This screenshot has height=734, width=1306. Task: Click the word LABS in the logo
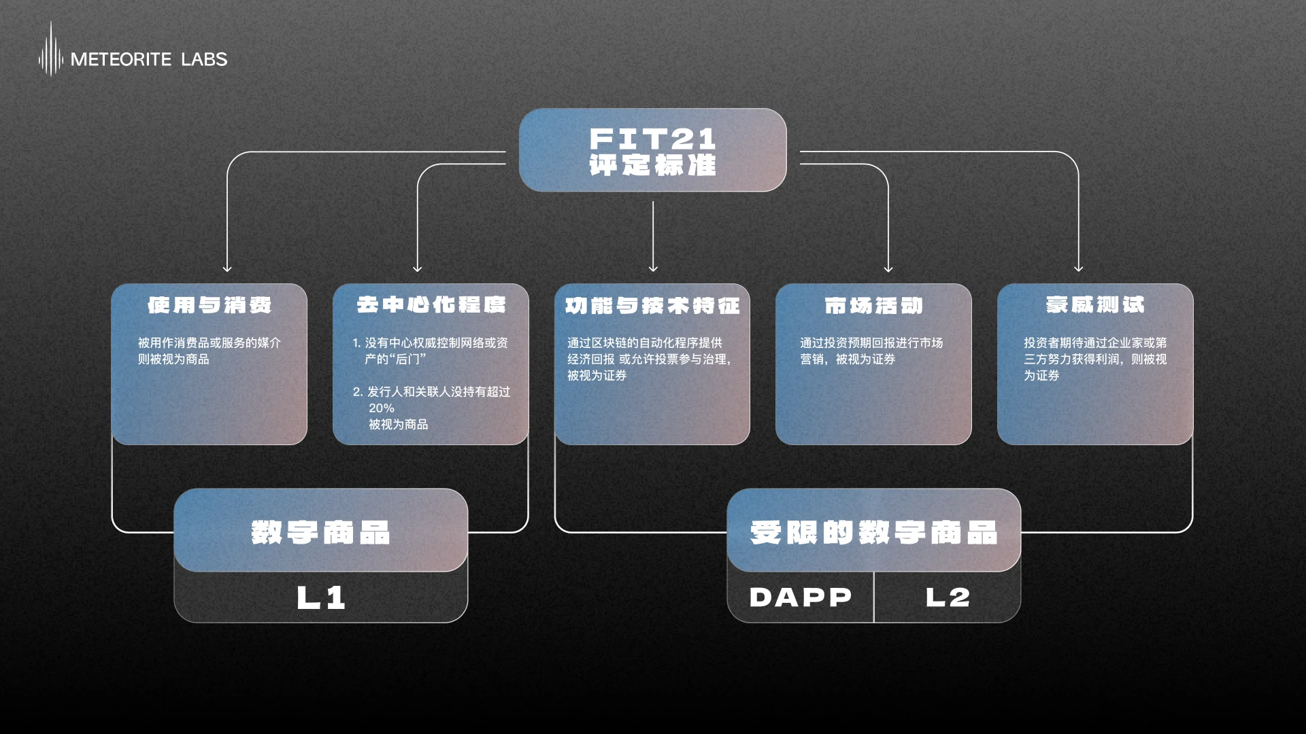click(x=204, y=60)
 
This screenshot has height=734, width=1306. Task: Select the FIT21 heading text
click(x=652, y=139)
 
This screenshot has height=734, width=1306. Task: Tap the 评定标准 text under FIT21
click(x=652, y=165)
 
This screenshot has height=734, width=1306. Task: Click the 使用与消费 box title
click(x=210, y=305)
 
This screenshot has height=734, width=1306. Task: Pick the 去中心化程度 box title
click(x=431, y=305)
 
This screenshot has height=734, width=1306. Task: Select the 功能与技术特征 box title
click(x=652, y=306)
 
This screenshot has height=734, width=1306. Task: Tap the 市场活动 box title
click(x=873, y=306)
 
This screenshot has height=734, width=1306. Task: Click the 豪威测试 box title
click(x=1095, y=305)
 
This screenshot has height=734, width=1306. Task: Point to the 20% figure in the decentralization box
click(x=382, y=408)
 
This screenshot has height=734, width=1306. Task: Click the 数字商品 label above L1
click(x=320, y=532)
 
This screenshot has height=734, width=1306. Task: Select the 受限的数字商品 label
click(x=873, y=532)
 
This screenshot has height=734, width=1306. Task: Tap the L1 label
click(x=321, y=598)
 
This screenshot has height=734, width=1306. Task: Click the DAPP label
click(x=801, y=597)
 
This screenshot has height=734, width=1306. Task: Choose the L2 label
click(x=948, y=597)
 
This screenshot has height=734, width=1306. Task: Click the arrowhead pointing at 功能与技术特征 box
click(x=653, y=268)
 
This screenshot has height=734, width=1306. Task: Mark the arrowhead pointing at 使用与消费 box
click(x=227, y=268)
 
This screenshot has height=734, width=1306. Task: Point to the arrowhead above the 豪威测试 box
click(x=1078, y=268)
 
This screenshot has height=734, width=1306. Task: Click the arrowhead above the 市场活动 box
click(x=888, y=268)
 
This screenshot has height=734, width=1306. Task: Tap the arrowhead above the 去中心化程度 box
click(x=418, y=268)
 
